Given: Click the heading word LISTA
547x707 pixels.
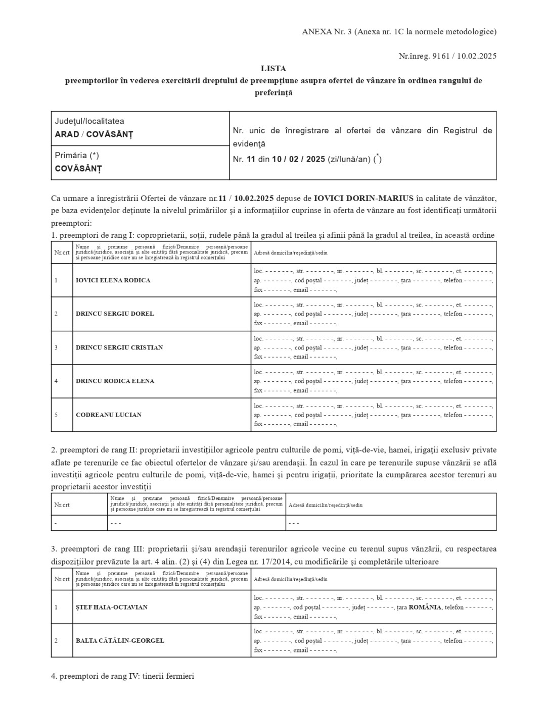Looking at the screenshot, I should pyautogui.click(x=273, y=68).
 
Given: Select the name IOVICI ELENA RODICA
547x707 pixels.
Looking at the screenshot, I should pyautogui.click(x=113, y=280).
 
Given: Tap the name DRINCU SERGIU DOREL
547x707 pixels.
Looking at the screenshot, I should pyautogui.click(x=115, y=314).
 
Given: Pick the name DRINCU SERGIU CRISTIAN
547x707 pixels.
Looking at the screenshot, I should pyautogui.click(x=119, y=347).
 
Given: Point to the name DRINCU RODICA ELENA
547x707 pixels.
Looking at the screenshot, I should pyautogui.click(x=115, y=381).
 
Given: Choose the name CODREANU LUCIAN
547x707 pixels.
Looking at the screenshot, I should pyautogui.click(x=109, y=415).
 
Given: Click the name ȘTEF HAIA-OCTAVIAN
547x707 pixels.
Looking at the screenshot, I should pyautogui.click(x=112, y=607).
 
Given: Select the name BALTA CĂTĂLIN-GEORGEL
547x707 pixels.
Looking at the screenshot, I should pyautogui.click(x=120, y=640).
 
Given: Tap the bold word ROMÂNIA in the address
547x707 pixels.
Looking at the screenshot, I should pyautogui.click(x=425, y=607).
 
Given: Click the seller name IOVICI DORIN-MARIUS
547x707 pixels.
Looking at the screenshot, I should pyautogui.click(x=363, y=197).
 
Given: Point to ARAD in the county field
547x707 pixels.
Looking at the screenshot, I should pyautogui.click(x=67, y=134).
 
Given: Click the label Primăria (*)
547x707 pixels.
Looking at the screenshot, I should pyautogui.click(x=77, y=156).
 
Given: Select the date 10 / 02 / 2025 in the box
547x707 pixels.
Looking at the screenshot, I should pyautogui.click(x=298, y=159).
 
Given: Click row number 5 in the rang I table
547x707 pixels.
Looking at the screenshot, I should pyautogui.click(x=56, y=415).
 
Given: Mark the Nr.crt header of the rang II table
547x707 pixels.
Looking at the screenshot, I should pyautogui.click(x=62, y=505).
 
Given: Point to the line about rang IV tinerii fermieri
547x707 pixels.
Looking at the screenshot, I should pyautogui.click(x=122, y=676).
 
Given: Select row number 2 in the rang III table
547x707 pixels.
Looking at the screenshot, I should pyautogui.click(x=56, y=640).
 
